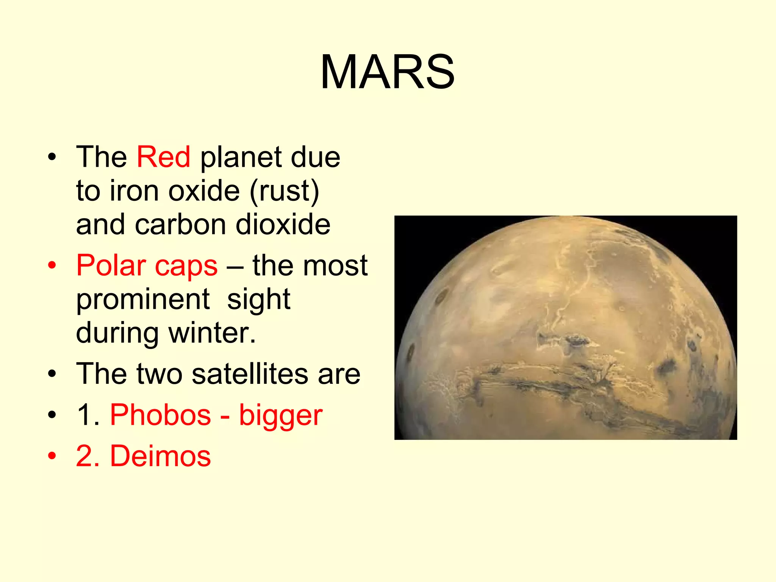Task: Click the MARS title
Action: pos(387,72)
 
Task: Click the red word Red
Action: pos(163,157)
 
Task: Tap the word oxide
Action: pos(204,191)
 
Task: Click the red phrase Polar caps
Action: pos(147,266)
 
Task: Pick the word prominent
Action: pos(143,299)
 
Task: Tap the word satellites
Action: pos(250,374)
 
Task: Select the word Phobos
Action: pos(160,415)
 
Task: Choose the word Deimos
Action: pos(160,456)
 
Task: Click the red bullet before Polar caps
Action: pos(52,266)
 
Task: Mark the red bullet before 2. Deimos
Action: pos(52,456)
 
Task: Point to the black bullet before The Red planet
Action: pos(52,157)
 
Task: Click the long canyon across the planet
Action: pos(568,383)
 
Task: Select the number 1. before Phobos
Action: pos(88,415)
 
